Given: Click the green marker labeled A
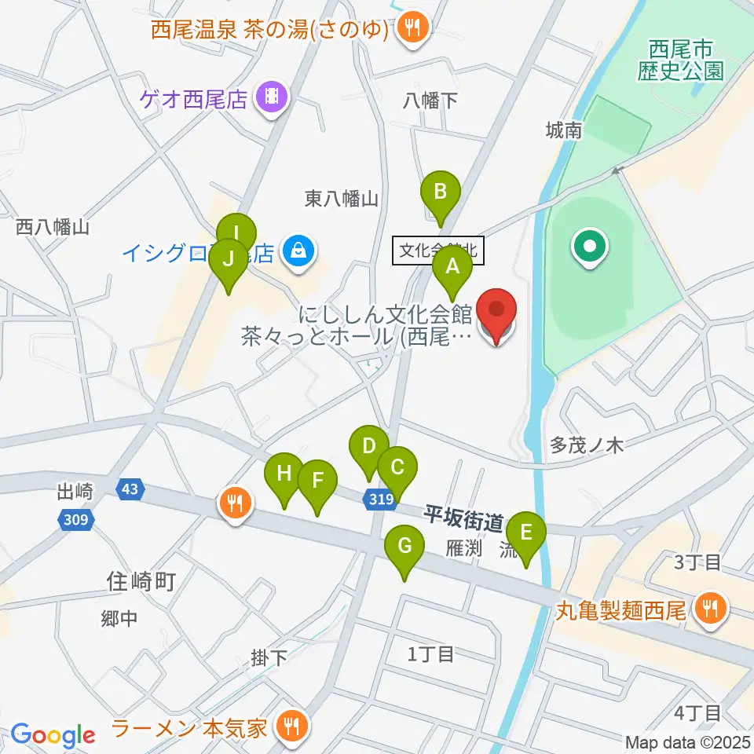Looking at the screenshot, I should (452, 267).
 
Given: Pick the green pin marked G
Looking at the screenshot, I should (404, 547).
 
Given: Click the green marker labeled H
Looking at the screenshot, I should (284, 475).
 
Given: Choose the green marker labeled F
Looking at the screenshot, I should (317, 481).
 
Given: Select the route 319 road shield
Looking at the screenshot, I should (379, 498).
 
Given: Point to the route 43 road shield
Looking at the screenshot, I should (130, 489).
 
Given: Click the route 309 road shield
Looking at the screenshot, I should (75, 519).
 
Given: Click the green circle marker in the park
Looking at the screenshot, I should (590, 247).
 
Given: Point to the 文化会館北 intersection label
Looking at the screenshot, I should (438, 251).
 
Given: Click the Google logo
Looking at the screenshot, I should (53, 734).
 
